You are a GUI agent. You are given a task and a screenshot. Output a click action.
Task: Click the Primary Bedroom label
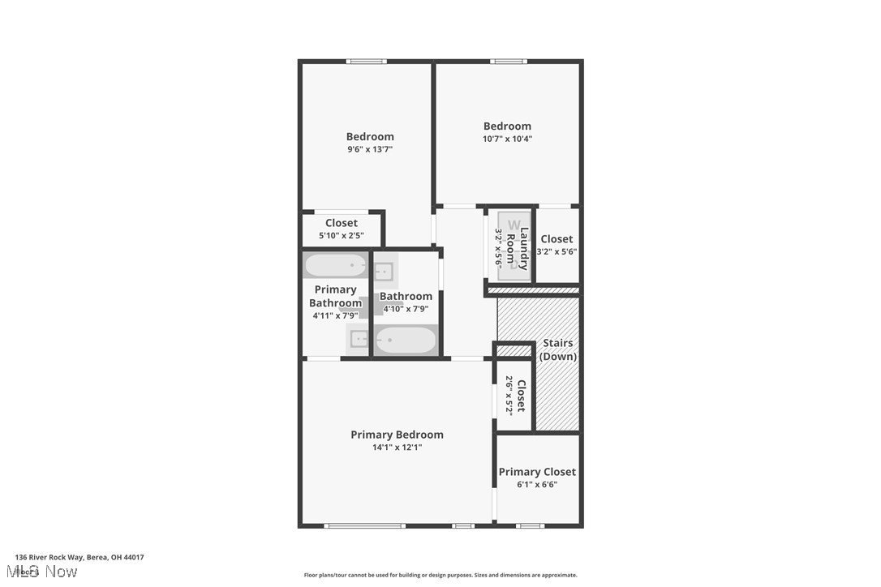(397, 435)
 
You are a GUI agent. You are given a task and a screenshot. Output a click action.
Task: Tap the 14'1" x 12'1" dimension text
(397, 448)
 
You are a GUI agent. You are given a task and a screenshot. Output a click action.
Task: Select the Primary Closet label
(537, 472)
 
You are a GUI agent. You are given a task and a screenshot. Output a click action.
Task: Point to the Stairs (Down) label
(558, 349)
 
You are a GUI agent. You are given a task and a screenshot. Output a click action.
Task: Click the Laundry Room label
(523, 248)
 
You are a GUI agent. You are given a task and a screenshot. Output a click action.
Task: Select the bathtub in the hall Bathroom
(406, 340)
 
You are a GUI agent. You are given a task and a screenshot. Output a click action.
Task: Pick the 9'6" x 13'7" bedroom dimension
(370, 149)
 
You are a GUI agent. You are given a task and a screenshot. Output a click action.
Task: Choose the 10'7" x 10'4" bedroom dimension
(507, 139)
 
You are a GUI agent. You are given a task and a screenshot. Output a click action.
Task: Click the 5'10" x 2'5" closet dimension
(342, 236)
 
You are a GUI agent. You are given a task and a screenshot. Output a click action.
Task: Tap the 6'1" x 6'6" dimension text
(537, 485)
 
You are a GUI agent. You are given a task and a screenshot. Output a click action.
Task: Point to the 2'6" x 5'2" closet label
(515, 396)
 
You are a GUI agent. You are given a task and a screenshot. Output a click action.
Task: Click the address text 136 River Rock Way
(80, 558)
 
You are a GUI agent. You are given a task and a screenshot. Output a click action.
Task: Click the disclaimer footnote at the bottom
(440, 575)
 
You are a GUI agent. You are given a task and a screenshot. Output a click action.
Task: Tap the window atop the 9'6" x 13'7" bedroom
(366, 62)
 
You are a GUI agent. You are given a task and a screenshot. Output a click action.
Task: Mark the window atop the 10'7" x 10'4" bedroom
(509, 62)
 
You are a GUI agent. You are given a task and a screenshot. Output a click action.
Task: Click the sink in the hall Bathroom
(384, 272)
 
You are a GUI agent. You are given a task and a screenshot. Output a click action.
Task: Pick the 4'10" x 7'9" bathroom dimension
(406, 309)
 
